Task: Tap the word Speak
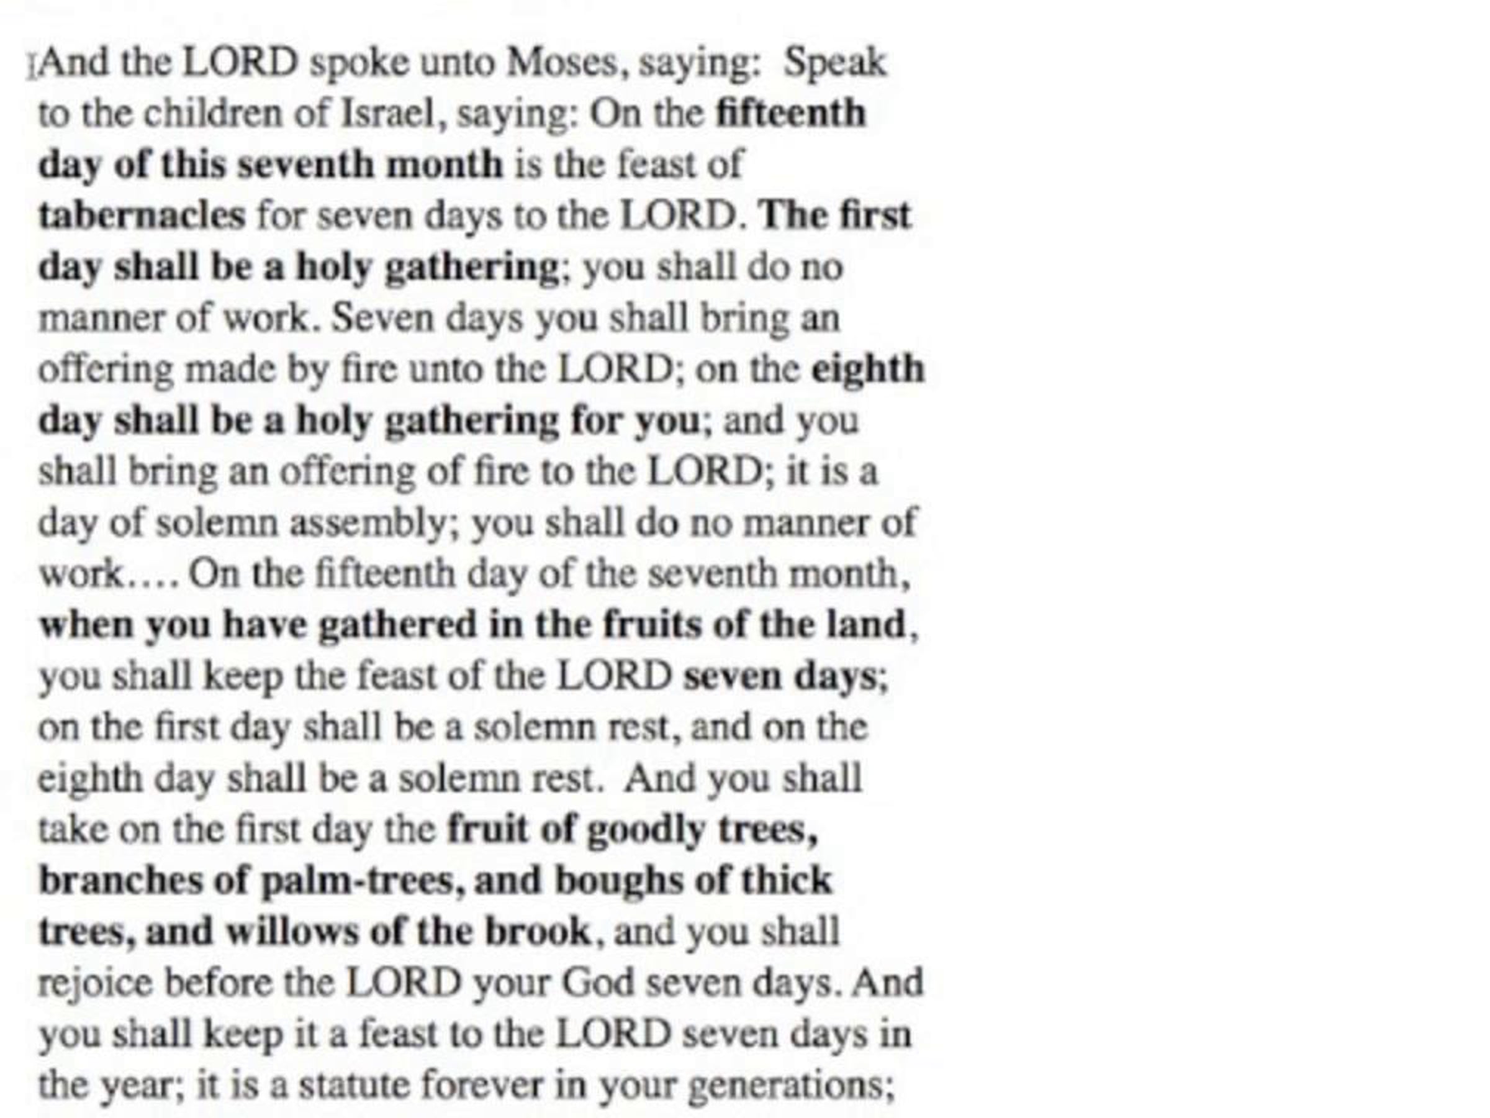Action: pyautogui.click(x=834, y=63)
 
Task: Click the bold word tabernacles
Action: pyautogui.click(x=142, y=216)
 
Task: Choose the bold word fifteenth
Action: pyautogui.click(x=790, y=113)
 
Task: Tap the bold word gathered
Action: pyautogui.click(x=397, y=625)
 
